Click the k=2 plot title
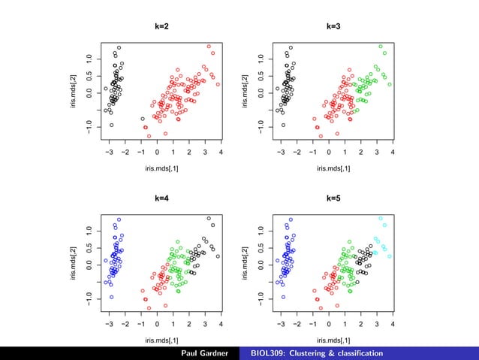click(x=161, y=26)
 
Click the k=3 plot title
click(x=333, y=26)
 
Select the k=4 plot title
click(x=161, y=198)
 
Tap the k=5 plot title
click(x=333, y=198)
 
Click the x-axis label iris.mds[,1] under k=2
click(x=161, y=168)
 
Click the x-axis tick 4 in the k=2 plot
click(x=221, y=153)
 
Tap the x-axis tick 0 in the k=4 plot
click(x=157, y=325)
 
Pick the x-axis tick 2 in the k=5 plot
click(x=361, y=325)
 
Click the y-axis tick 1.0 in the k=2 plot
click(x=89, y=59)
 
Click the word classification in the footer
click(x=356, y=353)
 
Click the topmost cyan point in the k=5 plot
click(x=381, y=219)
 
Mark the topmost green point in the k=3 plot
click(x=381, y=47)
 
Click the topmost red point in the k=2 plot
click(x=209, y=47)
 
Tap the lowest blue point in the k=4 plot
click(x=111, y=297)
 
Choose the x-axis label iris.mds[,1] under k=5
click(x=333, y=340)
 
